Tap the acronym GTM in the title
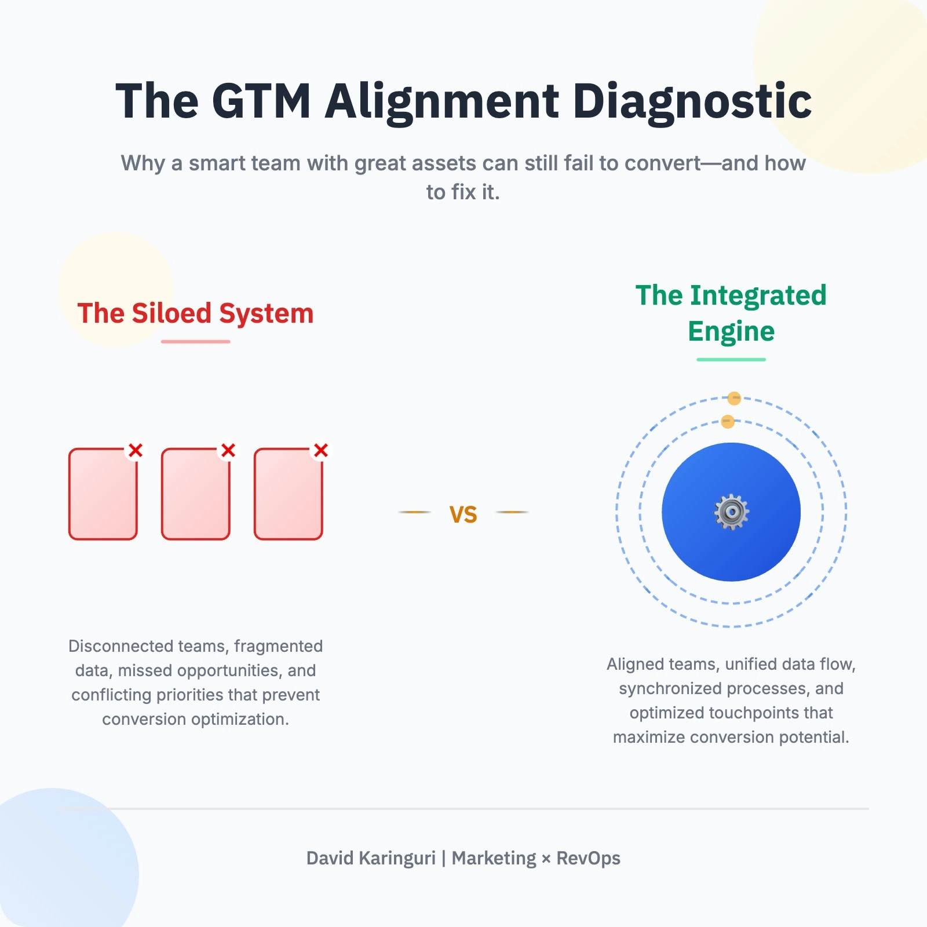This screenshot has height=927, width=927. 261,101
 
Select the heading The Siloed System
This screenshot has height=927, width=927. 195,313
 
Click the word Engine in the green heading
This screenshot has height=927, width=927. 731,331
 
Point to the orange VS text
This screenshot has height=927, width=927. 463,514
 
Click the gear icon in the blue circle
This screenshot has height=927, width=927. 731,512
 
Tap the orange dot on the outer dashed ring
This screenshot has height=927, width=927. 734,398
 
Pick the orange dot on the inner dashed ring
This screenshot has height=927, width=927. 728,421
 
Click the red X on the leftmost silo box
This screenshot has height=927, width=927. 136,450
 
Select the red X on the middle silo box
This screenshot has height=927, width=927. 228,450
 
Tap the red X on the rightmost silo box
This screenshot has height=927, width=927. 321,450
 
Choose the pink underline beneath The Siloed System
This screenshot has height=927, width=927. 195,342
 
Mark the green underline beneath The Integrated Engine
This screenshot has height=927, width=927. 731,360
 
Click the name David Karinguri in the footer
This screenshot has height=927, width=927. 371,858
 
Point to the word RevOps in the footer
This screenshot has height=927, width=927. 588,858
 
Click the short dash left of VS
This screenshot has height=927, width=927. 415,512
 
